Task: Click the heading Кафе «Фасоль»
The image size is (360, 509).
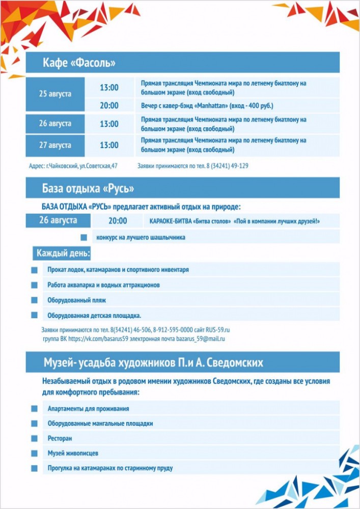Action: click(79, 63)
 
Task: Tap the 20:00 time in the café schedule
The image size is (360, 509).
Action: click(109, 106)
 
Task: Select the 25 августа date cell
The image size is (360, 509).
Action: click(55, 94)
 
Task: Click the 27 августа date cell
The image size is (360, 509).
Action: click(55, 146)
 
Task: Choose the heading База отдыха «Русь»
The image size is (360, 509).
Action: click(88, 189)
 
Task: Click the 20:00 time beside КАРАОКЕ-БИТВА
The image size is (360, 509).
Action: click(118, 221)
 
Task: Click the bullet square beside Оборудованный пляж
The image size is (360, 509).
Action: click(35, 300)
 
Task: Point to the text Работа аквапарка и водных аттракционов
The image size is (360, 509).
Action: click(103, 285)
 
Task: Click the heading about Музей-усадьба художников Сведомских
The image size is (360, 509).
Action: click(153, 362)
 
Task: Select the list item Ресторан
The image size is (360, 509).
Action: click(60, 438)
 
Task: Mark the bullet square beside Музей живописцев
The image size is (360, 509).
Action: click(35, 453)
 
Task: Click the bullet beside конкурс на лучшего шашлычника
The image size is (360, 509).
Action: click(84, 237)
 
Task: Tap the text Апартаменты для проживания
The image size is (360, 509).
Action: click(88, 409)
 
